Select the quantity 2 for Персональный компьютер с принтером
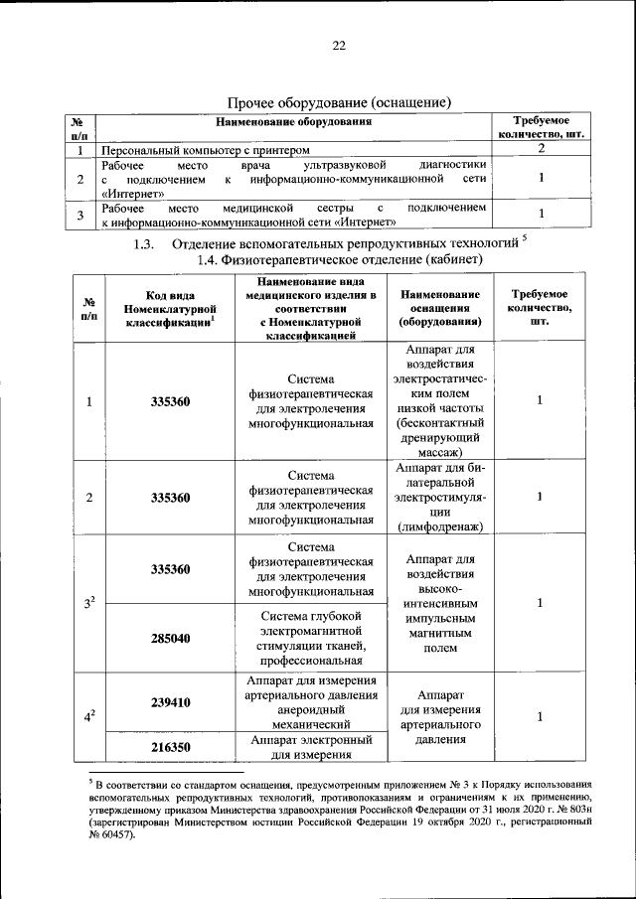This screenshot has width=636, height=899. (x=541, y=148)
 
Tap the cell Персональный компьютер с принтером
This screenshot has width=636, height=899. (x=186, y=150)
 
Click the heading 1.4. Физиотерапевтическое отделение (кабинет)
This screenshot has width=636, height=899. (x=340, y=259)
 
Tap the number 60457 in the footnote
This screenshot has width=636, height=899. (x=114, y=835)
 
